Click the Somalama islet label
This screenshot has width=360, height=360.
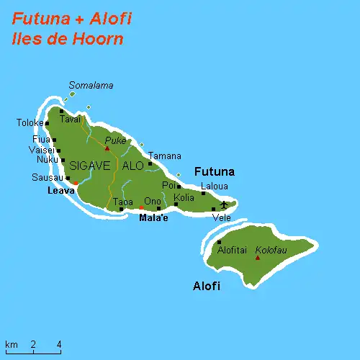[x=91, y=85]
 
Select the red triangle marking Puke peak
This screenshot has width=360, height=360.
[x=107, y=149]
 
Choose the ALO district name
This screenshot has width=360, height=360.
[x=133, y=166]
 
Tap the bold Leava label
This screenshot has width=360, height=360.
[x=60, y=191]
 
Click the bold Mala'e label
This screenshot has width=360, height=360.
[x=153, y=217]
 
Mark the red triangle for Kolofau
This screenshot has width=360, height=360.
[x=258, y=257]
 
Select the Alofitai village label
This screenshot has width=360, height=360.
[x=232, y=251]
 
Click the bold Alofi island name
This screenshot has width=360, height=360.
[x=207, y=287]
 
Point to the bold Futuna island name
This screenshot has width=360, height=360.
[x=215, y=172]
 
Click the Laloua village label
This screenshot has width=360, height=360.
[x=215, y=186]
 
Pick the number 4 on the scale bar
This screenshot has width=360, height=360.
[x=59, y=343]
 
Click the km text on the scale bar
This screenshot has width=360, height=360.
[x=11, y=343]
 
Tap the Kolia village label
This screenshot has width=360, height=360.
[x=184, y=197]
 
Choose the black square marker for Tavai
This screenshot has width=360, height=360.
[x=62, y=111]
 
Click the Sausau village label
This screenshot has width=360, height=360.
[x=48, y=177]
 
